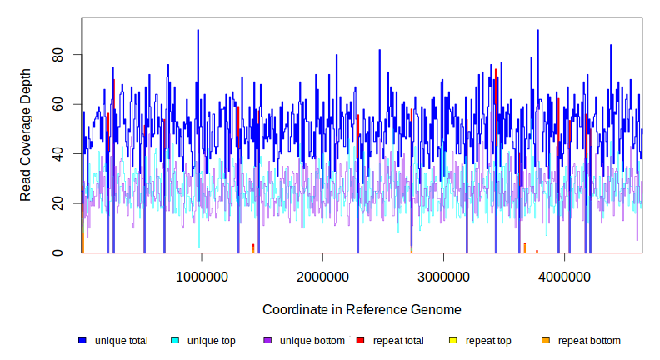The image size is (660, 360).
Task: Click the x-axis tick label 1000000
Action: coord(202,277)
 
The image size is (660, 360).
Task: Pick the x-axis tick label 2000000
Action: coord(322,277)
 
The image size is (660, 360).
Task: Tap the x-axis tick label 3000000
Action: coord(443,277)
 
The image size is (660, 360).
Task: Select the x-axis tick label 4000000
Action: coord(564,277)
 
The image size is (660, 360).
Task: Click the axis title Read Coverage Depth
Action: coord(26,134)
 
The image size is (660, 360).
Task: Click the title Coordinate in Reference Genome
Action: coord(362,309)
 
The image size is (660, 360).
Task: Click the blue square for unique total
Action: coord(82,340)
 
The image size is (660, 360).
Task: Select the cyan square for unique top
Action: coord(175,340)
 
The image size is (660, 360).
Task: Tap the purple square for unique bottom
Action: coord(267,340)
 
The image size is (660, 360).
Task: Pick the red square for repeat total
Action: coord(360,340)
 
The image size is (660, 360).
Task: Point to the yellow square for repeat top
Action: coord(452,340)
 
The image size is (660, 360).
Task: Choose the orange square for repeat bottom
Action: coord(545,340)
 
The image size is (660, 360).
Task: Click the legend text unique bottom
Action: coord(312,340)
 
